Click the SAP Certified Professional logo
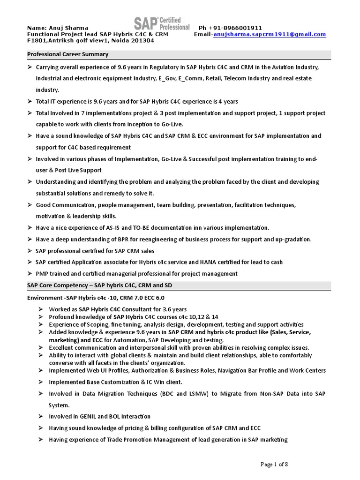coord(162,23)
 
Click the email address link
coord(270,34)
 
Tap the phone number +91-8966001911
coord(235,28)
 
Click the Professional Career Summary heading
coord(67,54)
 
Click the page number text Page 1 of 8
coord(274,464)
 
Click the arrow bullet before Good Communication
coord(30,205)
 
